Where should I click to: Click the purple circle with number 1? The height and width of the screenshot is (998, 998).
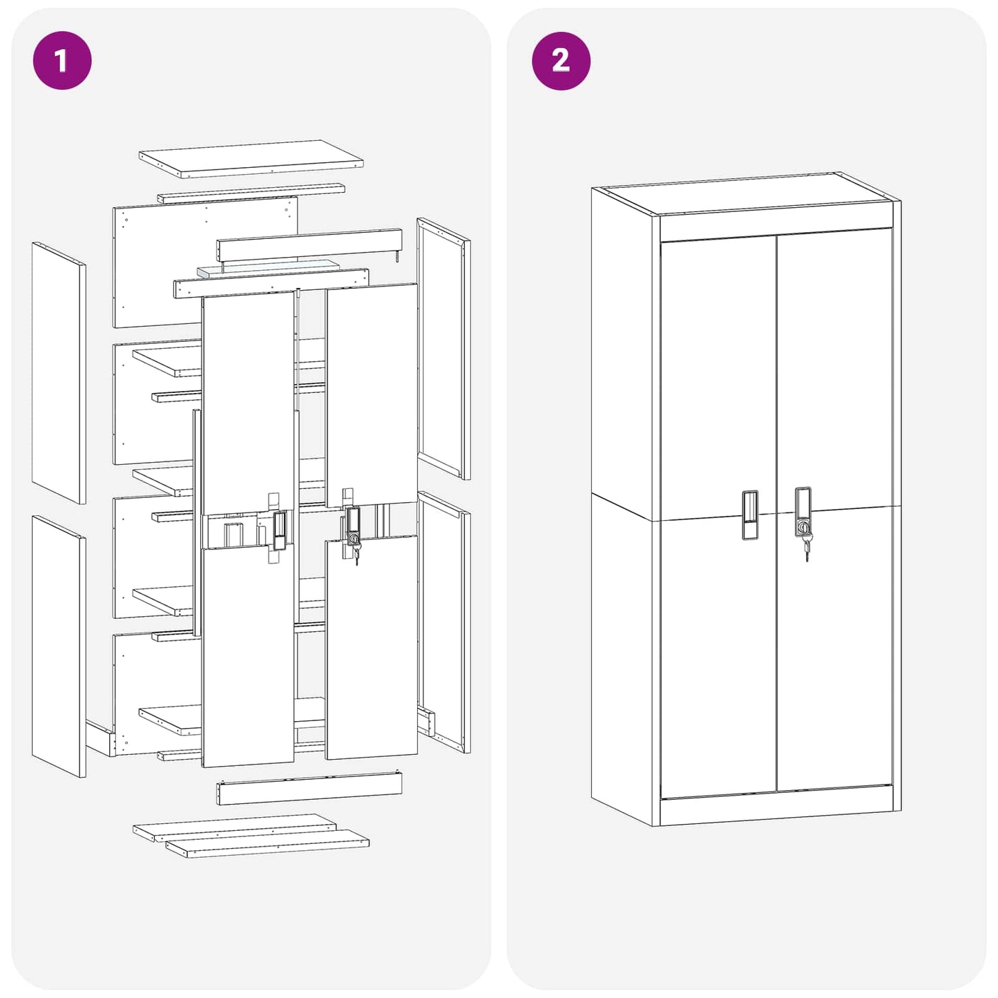[x=62, y=60]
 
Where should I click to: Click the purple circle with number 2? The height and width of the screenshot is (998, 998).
[x=561, y=61]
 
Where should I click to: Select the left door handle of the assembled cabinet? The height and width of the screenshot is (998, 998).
[x=750, y=515]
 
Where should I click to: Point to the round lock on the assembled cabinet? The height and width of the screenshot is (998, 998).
[x=804, y=527]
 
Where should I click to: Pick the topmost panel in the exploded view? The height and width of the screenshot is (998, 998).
[x=251, y=158]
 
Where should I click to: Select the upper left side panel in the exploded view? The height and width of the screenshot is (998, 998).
[x=59, y=372]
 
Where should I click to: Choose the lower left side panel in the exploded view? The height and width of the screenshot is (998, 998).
[x=59, y=646]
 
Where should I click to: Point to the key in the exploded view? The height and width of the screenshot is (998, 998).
[x=356, y=553]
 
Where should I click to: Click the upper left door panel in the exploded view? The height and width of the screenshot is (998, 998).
[x=248, y=403]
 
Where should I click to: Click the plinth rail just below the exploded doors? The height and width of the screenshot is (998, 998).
[x=309, y=789]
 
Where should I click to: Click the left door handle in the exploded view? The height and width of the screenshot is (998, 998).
[x=278, y=530]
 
